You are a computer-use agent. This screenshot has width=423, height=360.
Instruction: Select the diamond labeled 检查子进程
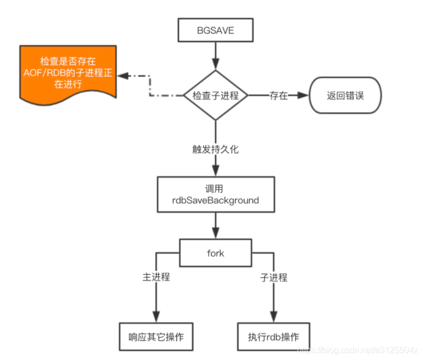point(215,95)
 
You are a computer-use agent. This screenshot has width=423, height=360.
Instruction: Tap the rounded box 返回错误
point(346,95)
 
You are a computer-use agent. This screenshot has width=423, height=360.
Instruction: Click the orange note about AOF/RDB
point(68,73)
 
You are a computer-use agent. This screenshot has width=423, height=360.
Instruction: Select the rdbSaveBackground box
point(215,194)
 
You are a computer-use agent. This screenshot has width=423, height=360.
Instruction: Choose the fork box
point(215,253)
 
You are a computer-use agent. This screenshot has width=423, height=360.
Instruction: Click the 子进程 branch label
point(273,277)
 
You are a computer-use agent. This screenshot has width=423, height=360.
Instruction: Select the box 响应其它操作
point(156,337)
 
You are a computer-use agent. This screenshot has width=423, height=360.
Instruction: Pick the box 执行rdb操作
point(273,337)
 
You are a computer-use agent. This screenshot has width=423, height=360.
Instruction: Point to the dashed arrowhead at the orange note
point(123,76)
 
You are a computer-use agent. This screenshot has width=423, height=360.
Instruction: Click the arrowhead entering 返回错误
point(305,95)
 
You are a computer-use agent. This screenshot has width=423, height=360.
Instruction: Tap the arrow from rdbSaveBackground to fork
point(215,225)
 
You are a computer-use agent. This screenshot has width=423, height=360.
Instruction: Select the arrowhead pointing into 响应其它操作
point(156,317)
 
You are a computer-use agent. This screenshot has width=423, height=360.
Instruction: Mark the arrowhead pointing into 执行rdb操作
point(273,317)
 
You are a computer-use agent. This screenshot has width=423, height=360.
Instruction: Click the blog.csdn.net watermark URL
point(357,350)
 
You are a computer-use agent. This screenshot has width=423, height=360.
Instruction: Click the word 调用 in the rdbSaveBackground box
point(215,189)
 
